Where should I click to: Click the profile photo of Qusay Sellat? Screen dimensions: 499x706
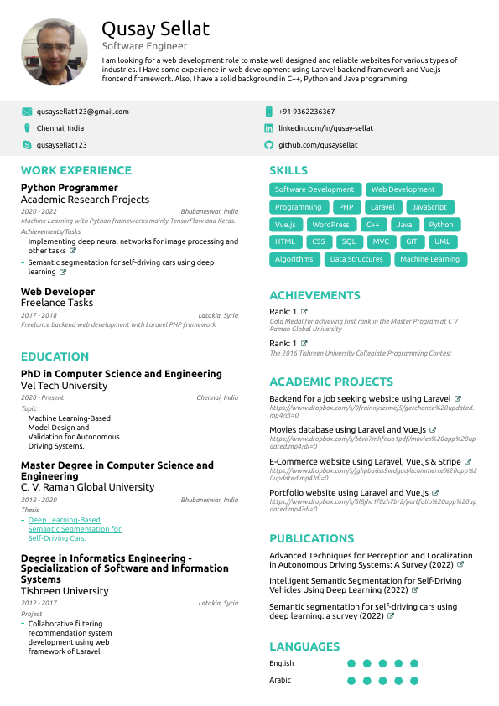click(54, 52)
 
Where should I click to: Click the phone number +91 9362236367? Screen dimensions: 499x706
click(306, 112)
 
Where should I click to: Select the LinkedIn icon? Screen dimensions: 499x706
click(269, 128)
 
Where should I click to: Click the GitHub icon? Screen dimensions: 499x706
click(269, 145)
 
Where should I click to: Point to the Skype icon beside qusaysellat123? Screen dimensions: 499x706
click(27, 145)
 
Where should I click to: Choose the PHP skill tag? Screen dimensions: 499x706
click(346, 207)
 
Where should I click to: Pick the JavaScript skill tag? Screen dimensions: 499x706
click(429, 207)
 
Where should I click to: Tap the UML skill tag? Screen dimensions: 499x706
click(442, 241)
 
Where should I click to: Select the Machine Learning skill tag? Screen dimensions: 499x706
click(430, 259)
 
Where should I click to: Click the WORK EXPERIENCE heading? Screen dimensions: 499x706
click(76, 170)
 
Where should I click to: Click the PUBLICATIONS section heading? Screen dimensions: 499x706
click(311, 538)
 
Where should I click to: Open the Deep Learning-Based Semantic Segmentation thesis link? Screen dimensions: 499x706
click(75, 529)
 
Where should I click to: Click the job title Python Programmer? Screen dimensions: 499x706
click(70, 188)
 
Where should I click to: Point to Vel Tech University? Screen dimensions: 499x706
click(64, 386)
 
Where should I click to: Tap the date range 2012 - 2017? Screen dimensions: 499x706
click(39, 603)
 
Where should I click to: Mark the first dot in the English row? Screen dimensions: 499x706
click(351, 663)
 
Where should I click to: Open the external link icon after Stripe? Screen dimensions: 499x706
click(468, 461)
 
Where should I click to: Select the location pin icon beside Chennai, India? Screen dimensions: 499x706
click(27, 128)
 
